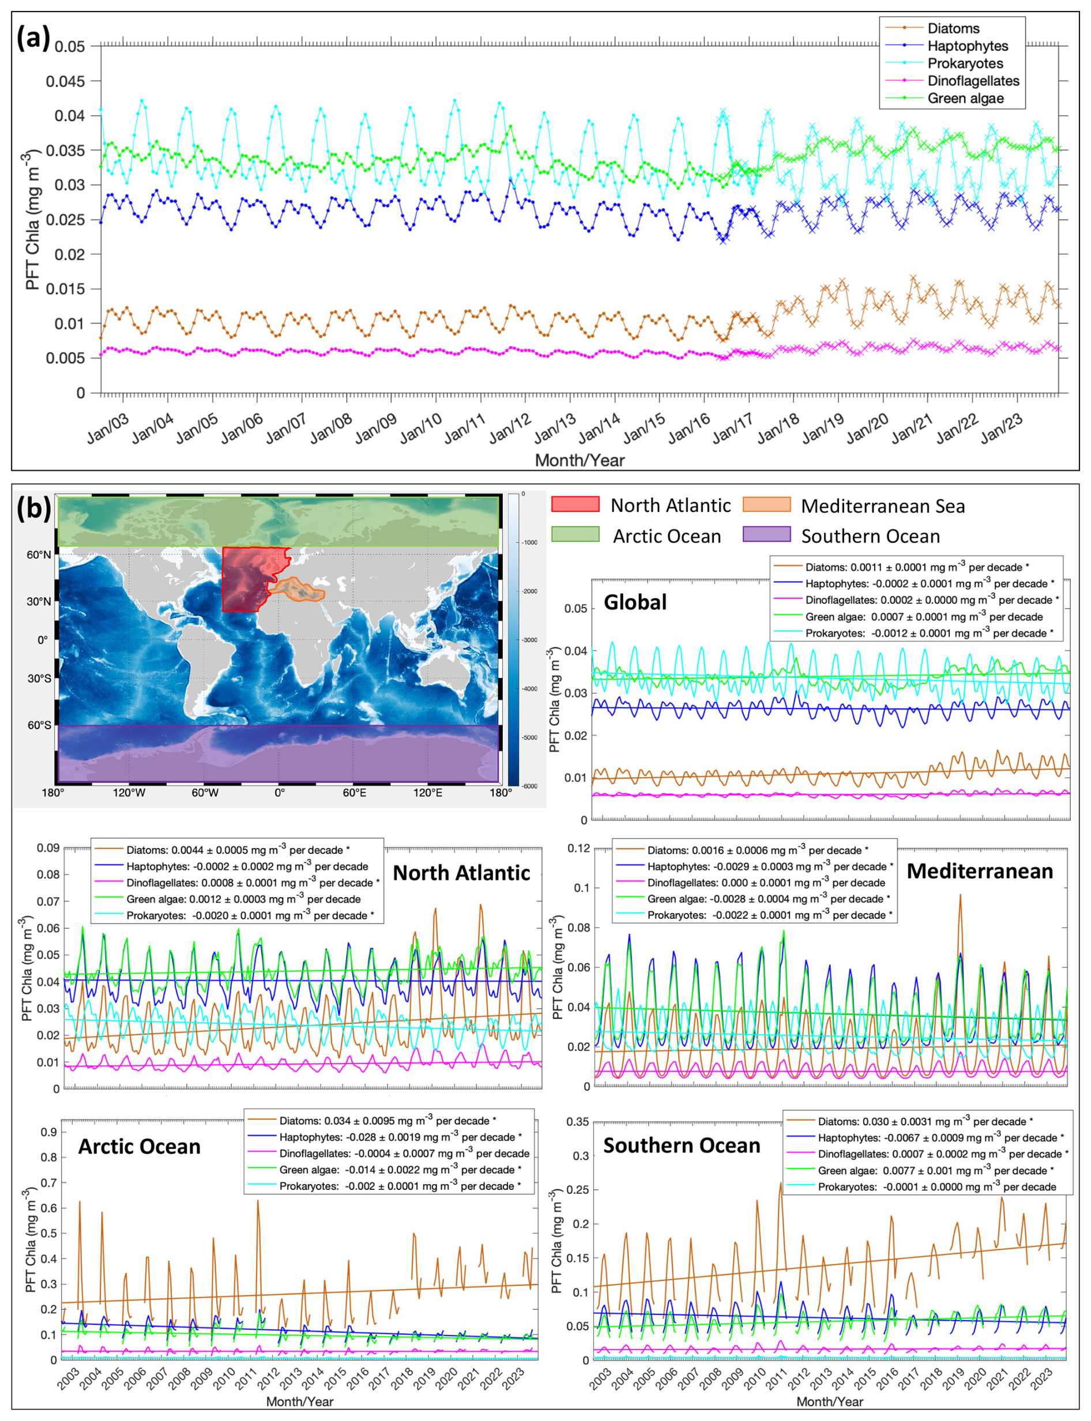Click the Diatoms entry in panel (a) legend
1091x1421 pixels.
(953, 29)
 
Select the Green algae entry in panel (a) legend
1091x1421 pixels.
(965, 99)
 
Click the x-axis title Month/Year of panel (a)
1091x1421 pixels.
(580, 460)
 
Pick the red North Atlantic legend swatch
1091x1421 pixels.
(575, 504)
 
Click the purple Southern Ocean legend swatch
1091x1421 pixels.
(766, 535)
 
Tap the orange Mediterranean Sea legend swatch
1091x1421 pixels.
(766, 504)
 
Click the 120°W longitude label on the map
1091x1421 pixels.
(129, 793)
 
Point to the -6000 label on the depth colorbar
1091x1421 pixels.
(530, 786)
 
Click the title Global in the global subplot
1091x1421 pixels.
(634, 602)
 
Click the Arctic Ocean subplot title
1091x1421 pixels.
(139, 1147)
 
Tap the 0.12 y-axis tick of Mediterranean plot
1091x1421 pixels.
(578, 848)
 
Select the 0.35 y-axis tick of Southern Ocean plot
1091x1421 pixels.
(577, 1121)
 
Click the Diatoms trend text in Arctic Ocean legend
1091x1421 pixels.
(387, 1121)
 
